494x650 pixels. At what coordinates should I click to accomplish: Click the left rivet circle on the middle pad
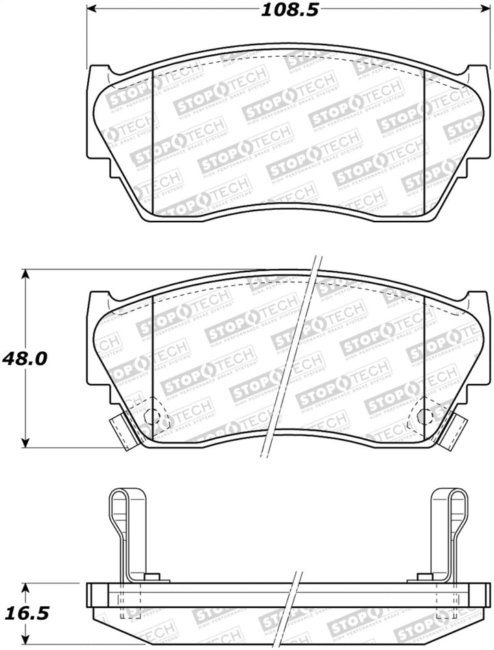pos(153,415)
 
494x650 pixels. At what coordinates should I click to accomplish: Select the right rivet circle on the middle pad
pos(424,415)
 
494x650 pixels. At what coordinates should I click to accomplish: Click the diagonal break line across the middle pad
pos(289,357)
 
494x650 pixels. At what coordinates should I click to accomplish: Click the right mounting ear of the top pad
pos(475,79)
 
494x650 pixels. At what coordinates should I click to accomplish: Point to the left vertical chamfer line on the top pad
pos(151,137)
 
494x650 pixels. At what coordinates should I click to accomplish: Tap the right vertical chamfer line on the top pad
pos(425,137)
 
